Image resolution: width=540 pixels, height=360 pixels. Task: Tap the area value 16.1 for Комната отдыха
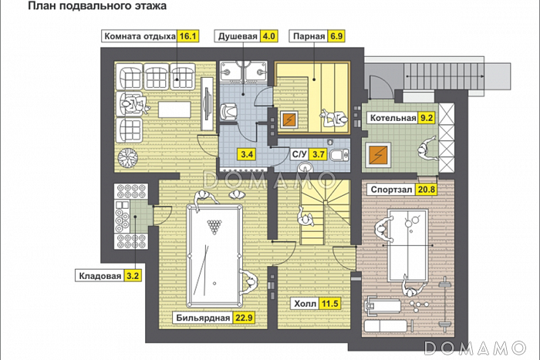pos(189,35)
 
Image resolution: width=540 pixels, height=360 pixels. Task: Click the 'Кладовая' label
pos(100,274)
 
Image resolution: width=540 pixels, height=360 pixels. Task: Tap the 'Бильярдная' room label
pos(203,318)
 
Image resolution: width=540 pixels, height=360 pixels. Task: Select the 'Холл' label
pos(304,304)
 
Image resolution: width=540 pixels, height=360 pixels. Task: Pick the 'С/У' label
pos(299,154)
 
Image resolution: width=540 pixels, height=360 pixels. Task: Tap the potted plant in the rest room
pos(127,159)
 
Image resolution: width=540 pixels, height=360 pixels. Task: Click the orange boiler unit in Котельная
pos(379,154)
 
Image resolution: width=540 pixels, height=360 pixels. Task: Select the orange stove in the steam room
pos(290,120)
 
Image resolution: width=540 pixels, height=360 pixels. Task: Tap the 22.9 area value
pos(244,318)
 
